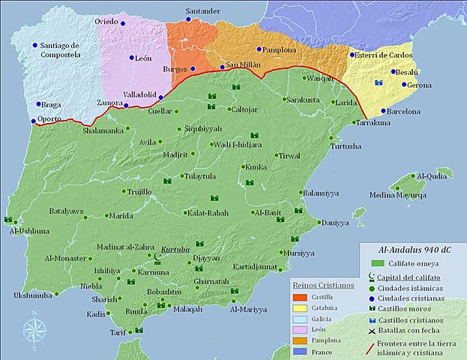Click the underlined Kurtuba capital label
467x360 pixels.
[x=177, y=248]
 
